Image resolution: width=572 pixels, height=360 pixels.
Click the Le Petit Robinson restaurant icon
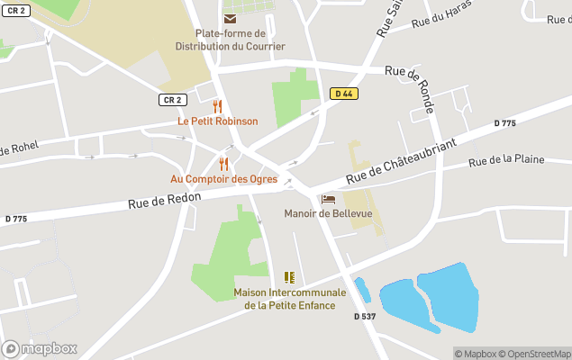point(217,106)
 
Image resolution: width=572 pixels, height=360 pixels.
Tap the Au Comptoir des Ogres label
point(223,179)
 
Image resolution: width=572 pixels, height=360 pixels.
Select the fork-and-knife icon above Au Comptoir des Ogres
point(223,164)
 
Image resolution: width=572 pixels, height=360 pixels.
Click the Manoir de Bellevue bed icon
point(328,199)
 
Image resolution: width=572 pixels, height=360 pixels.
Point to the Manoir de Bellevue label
point(327,213)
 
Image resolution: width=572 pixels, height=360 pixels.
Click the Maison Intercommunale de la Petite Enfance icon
point(289,277)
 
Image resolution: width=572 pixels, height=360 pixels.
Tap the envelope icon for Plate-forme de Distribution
point(230,18)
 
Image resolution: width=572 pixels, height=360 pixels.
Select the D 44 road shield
point(341,93)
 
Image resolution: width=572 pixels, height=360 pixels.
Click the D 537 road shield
point(364,316)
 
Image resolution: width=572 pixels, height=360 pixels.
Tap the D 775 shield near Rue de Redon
point(15,219)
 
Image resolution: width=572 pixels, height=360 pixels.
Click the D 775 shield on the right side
point(504,123)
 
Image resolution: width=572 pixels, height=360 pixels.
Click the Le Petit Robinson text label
point(217,121)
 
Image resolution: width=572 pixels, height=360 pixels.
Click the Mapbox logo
point(40,348)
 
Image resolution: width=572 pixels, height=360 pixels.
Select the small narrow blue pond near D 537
point(362,290)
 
